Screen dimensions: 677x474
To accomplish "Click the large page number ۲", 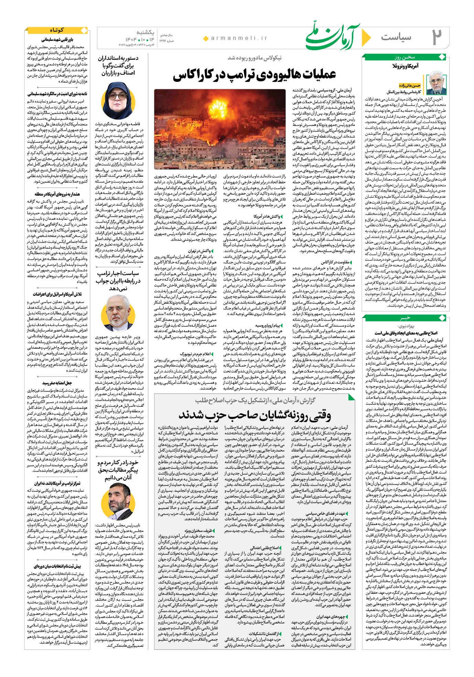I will pyautogui.click(x=437, y=37).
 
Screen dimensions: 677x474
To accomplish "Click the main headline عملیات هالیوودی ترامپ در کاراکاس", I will pyautogui.click(x=254, y=75).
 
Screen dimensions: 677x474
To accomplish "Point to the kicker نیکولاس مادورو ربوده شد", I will pyautogui.click(x=255, y=58).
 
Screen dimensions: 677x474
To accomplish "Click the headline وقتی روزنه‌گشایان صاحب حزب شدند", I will pyautogui.click(x=254, y=415).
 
